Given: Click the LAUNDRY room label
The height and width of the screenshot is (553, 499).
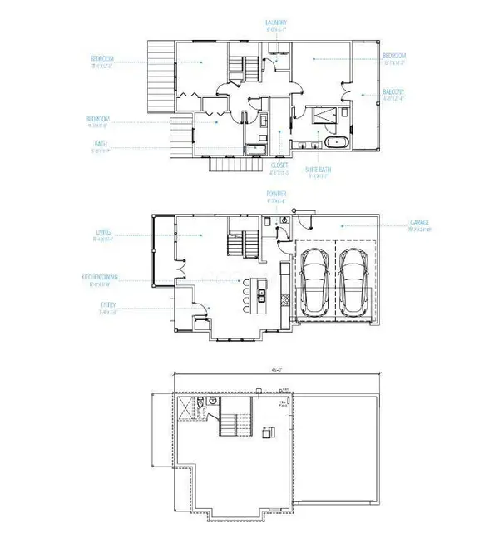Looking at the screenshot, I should [275, 22].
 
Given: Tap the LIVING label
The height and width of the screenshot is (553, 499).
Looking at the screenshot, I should [104, 234].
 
